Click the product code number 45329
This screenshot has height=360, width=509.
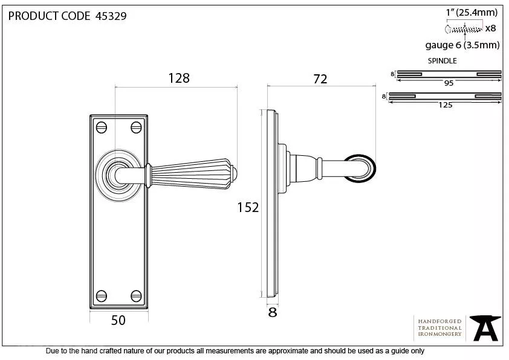111,16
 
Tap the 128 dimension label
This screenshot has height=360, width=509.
179,78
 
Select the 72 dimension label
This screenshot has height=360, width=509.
320,79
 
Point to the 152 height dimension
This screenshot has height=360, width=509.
248,208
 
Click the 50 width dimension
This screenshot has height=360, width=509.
118,320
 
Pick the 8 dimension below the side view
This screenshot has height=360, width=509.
273,312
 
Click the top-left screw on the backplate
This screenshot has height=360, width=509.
102,127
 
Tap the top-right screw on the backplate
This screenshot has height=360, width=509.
136,127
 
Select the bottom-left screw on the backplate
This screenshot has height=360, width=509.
102,296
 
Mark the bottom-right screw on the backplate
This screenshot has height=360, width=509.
136,296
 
